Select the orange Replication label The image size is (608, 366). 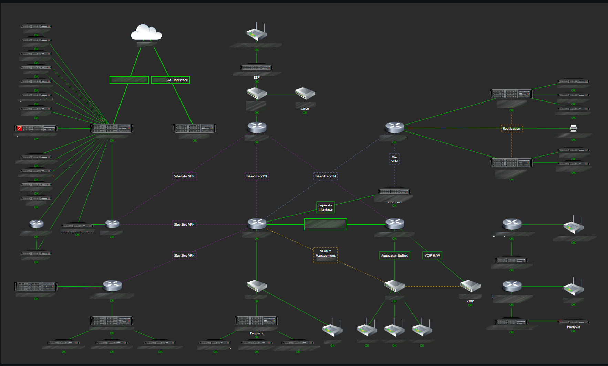click(x=511, y=128)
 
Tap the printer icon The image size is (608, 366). click(x=573, y=128)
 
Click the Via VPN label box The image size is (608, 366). click(x=394, y=159)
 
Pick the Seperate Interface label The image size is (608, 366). click(x=325, y=207)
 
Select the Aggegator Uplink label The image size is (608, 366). click(x=394, y=255)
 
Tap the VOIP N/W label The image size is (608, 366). click(x=432, y=255)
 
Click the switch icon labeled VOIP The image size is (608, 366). click(x=470, y=286)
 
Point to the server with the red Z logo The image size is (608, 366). click(x=36, y=128)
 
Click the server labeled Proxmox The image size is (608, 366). click(x=256, y=321)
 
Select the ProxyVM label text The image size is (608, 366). click(x=573, y=327)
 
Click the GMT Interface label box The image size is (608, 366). click(x=171, y=80)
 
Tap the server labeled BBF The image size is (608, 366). click(x=256, y=67)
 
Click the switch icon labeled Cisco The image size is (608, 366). click(x=305, y=93)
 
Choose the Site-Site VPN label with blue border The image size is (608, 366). click(x=325, y=176)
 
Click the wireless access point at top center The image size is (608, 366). click(x=257, y=33)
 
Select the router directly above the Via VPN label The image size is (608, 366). click(x=394, y=127)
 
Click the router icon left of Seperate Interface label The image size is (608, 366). click(x=257, y=224)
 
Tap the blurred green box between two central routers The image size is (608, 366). click(x=325, y=224)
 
